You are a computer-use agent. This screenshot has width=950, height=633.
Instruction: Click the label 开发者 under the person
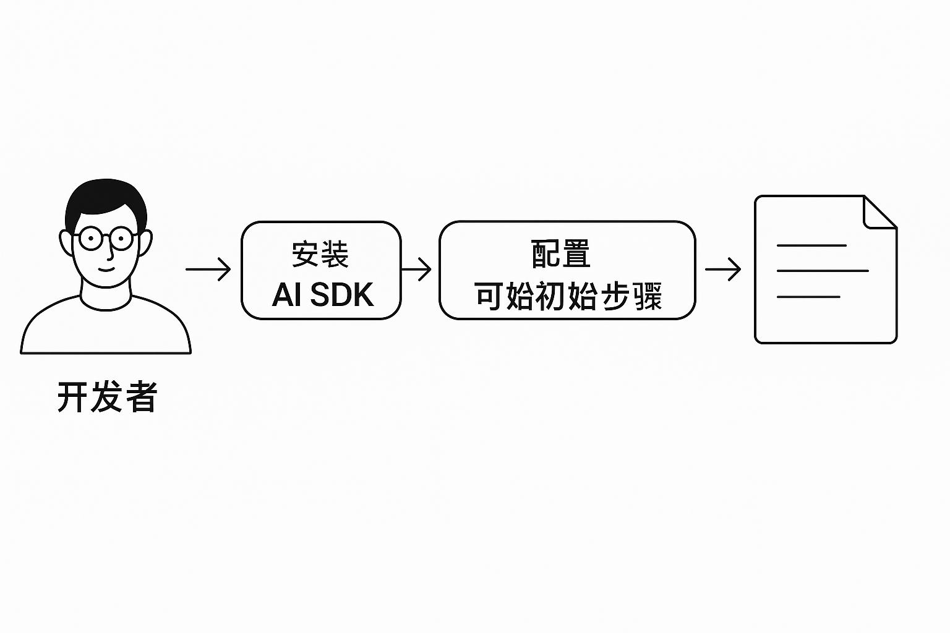[x=107, y=397]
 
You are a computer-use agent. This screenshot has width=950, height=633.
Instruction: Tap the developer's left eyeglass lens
[x=91, y=238]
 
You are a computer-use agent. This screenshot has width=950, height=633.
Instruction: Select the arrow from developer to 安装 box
[x=208, y=270]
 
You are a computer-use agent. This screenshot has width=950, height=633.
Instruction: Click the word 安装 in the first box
[x=320, y=254]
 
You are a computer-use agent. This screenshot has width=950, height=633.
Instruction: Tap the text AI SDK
[x=322, y=295]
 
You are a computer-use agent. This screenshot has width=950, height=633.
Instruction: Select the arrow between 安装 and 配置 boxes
[x=417, y=270]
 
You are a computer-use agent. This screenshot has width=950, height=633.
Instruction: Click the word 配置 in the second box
[x=560, y=254]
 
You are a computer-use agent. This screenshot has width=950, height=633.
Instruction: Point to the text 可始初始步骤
[x=568, y=297]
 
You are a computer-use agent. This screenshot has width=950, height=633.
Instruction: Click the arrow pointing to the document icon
[x=723, y=270]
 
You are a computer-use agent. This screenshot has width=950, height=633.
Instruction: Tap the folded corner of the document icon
[x=878, y=213]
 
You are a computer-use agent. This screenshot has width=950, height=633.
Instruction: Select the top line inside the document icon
[x=811, y=245]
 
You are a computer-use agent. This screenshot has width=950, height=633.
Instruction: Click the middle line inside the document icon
[x=823, y=271]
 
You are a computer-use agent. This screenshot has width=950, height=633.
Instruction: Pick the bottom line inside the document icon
[x=808, y=297]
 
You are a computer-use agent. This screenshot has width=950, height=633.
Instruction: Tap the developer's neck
[x=106, y=295]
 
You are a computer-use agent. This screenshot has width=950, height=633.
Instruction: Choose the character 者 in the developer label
[x=142, y=397]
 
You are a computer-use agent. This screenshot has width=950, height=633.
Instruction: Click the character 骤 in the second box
[x=647, y=297]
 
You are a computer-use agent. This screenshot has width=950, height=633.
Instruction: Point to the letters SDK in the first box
[x=341, y=295]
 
